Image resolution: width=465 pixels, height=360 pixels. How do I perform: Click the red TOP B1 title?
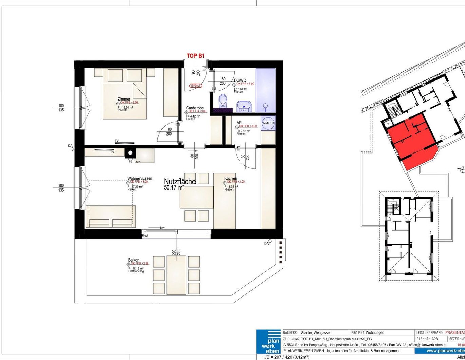pyautogui.click(x=196, y=56)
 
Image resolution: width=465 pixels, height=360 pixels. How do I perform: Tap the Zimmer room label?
pyautogui.click(x=124, y=99)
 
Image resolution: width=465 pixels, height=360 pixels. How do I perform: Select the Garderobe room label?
pyautogui.click(x=195, y=108)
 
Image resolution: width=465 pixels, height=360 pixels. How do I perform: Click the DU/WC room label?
pyautogui.click(x=240, y=80)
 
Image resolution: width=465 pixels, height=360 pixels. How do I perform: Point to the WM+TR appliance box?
pyautogui.click(x=268, y=123)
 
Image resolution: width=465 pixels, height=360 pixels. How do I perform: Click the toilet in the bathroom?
pyautogui.click(x=223, y=101)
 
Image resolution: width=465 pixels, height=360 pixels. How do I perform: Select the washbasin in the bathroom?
pyautogui.click(x=243, y=106)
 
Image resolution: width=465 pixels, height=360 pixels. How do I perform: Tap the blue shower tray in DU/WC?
pyautogui.click(x=265, y=90)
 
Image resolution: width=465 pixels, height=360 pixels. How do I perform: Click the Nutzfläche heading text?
pyautogui.click(x=180, y=182)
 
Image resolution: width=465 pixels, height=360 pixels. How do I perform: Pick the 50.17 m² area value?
pyautogui.click(x=174, y=187)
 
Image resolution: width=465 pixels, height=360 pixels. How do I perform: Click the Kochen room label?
pyautogui.click(x=230, y=178)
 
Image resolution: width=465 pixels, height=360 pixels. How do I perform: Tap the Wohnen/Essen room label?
pyautogui.click(x=139, y=178)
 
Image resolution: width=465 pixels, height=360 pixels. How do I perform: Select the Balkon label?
pyautogui.click(x=134, y=260)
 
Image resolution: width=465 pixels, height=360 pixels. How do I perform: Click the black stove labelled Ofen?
pyautogui.click(x=130, y=154)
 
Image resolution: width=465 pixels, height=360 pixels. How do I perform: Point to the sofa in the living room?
pyautogui.click(x=111, y=216)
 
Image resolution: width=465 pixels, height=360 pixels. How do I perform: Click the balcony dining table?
pyautogui.click(x=176, y=275)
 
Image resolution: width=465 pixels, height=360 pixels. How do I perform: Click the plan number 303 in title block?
pyautogui.click(x=435, y=339)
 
